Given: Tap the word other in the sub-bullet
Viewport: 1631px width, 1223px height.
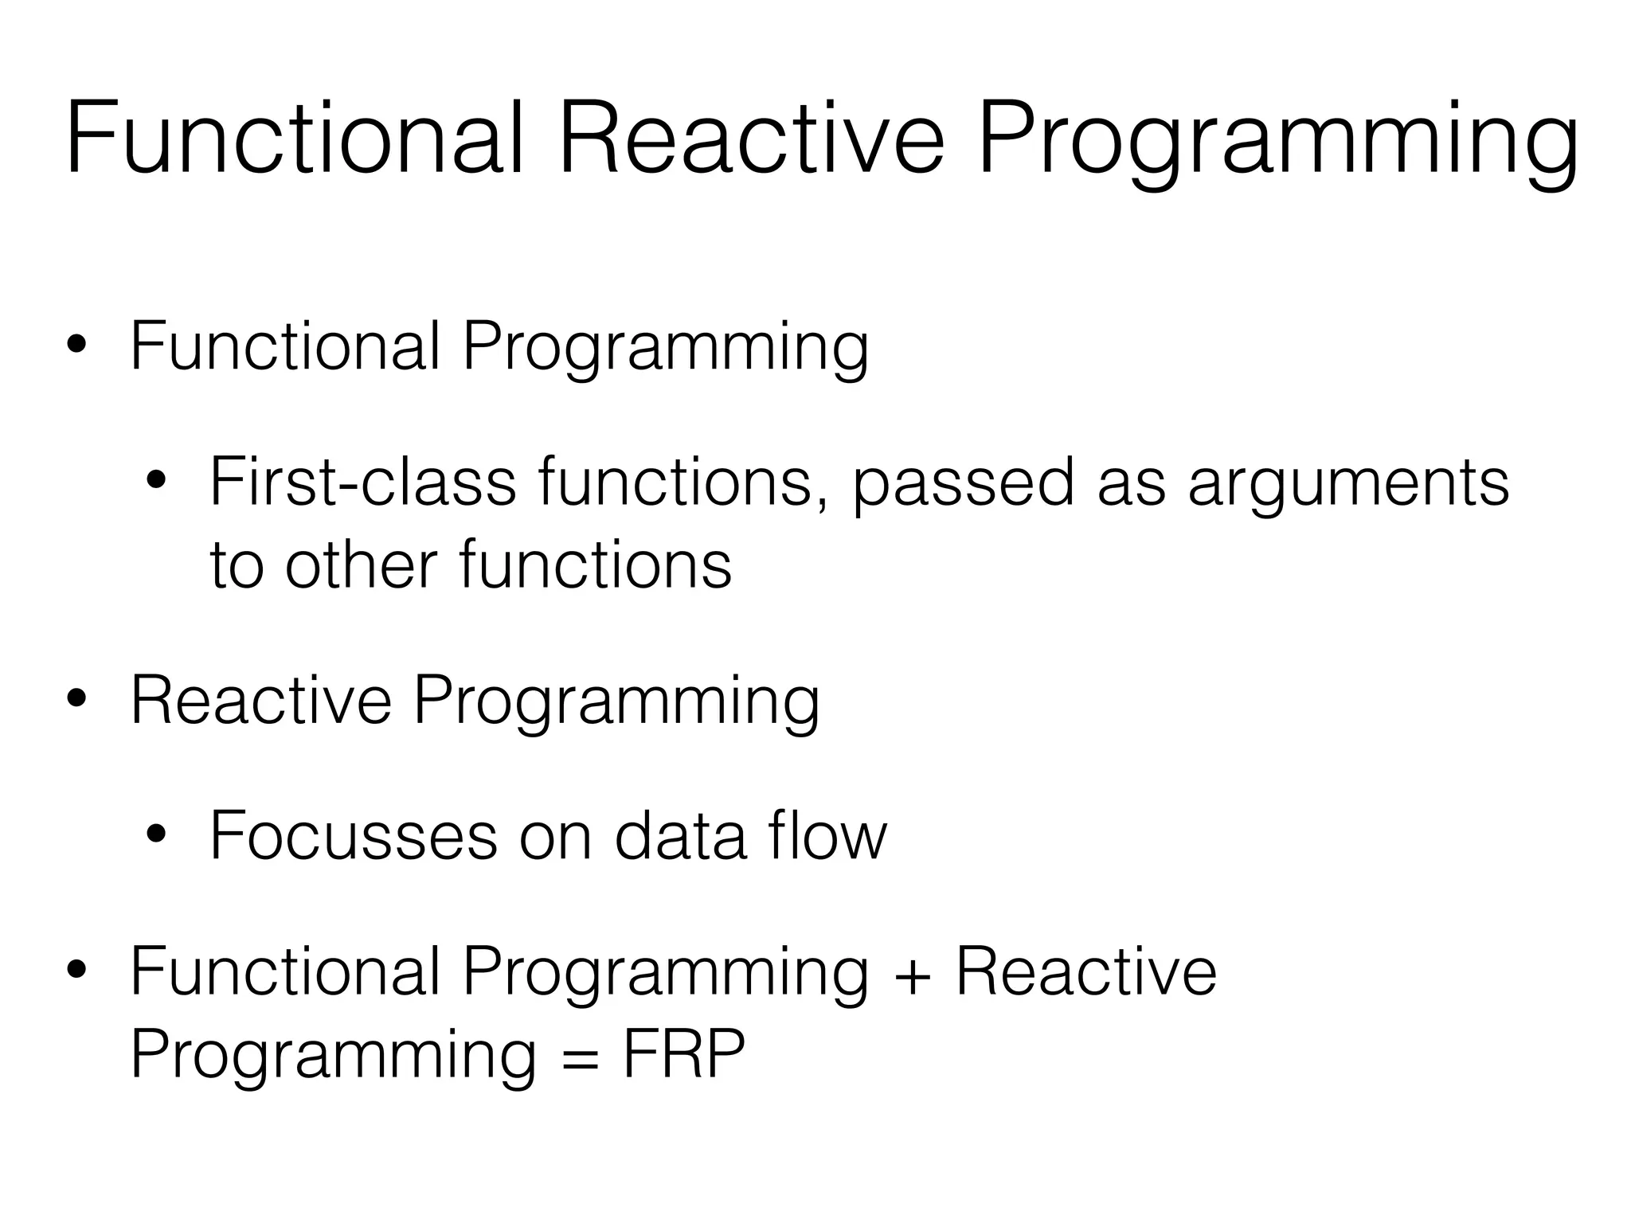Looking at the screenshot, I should tap(361, 564).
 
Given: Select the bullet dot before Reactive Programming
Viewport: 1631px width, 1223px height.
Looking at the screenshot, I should tap(77, 700).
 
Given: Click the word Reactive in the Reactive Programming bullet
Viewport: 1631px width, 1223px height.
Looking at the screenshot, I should tap(261, 700).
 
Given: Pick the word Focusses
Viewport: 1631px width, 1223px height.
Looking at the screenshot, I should tap(354, 835).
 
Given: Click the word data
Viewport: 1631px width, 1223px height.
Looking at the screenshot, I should tap(681, 835).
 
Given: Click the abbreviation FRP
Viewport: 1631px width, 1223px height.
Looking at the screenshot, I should tap(683, 1054).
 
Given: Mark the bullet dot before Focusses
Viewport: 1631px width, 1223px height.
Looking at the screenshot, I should tap(156, 835).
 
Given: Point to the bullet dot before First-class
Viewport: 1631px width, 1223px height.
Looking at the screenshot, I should tap(156, 482).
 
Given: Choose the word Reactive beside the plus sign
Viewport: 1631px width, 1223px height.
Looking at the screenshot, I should tap(1086, 971).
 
